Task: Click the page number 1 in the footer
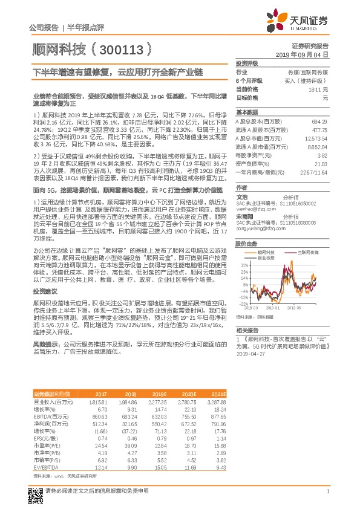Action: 327,491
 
